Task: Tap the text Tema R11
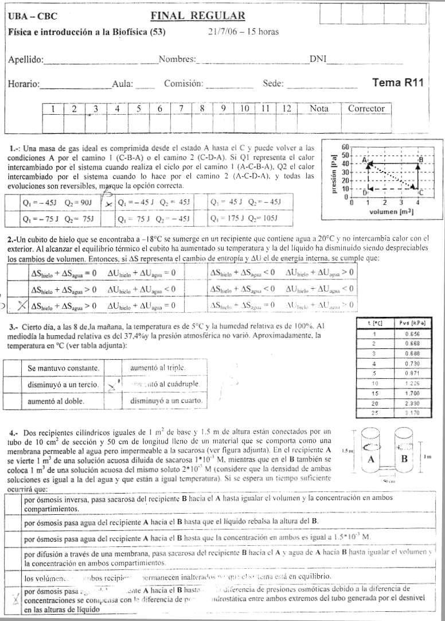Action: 397,83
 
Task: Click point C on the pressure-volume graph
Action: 420,193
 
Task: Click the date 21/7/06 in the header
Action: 225,32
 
